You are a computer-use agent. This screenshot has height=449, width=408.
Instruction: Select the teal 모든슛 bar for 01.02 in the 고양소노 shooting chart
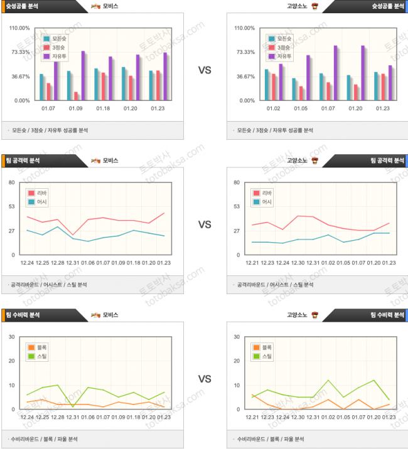coord(267,85)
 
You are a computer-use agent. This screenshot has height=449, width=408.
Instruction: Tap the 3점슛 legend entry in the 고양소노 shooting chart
coord(279,48)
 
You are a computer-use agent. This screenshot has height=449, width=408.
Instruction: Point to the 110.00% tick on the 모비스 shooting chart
coord(20,28)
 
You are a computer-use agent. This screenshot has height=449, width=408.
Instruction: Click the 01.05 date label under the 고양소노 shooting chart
coord(301,108)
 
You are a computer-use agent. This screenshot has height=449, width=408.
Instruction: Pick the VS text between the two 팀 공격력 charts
coord(205,223)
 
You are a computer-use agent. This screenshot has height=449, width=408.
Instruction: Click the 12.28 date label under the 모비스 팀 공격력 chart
coord(58,263)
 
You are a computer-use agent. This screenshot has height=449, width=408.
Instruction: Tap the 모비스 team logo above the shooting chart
coord(95,6)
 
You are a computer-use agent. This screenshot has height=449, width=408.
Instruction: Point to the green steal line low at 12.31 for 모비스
coord(73,406)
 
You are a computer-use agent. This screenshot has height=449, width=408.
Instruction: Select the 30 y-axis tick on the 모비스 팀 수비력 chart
coord(11,337)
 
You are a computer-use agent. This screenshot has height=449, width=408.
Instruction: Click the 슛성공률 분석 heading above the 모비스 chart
coord(21,6)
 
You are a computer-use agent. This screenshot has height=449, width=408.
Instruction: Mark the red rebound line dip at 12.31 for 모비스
coord(73,235)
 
